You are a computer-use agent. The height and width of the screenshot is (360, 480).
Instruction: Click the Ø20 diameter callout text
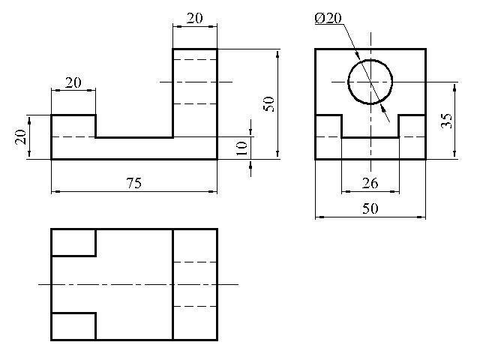(x=328, y=18)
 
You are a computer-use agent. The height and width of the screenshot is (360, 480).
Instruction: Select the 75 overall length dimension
(x=134, y=183)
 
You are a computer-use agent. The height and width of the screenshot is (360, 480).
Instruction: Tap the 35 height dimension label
(x=446, y=121)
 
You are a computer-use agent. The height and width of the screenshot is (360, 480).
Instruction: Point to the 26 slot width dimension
(x=370, y=183)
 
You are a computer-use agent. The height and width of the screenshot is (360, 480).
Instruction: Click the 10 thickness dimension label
(x=241, y=148)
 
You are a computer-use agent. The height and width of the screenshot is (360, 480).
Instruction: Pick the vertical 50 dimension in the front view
(x=268, y=104)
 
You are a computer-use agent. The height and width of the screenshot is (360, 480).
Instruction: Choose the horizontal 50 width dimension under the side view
(x=370, y=208)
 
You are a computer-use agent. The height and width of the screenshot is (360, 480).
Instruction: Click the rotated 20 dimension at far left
(x=21, y=136)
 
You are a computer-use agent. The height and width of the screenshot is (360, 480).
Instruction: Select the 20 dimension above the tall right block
(x=195, y=18)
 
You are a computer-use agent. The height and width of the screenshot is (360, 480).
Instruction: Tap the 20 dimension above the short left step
(x=73, y=82)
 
